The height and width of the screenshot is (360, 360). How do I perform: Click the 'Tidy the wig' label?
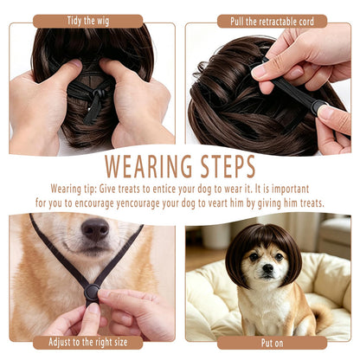88,21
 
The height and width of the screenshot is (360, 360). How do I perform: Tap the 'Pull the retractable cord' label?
272,22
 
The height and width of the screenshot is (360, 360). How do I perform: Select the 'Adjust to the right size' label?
88,343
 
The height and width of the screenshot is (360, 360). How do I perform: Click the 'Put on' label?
272,343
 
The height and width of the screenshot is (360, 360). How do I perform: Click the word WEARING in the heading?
148,166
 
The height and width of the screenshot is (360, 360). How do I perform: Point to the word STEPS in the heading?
228,166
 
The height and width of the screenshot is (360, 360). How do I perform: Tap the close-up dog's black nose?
95,228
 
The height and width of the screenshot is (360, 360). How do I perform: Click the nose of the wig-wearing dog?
267,269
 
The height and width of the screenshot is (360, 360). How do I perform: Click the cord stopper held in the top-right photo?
319,107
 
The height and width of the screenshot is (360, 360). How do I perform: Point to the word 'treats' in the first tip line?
134,190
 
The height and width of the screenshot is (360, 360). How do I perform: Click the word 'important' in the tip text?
290,190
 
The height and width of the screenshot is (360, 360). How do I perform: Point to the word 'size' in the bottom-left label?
119,343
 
